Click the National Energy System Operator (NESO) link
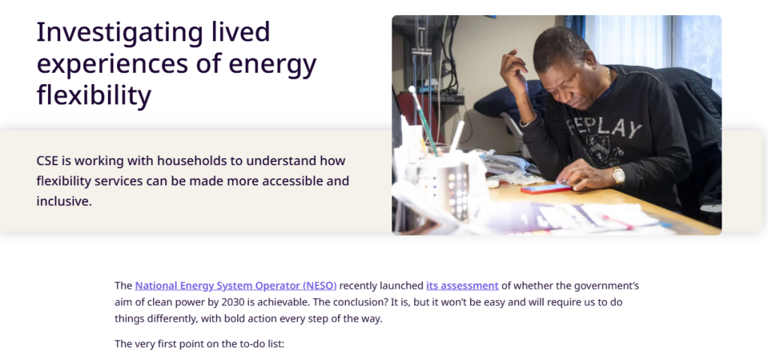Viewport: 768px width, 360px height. tap(235, 286)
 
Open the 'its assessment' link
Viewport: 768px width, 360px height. tap(462, 286)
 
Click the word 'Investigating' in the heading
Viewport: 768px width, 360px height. tap(119, 33)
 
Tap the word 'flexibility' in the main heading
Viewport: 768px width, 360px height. tap(94, 95)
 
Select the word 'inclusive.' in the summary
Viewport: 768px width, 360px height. tap(64, 201)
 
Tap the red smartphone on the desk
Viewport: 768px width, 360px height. tap(546, 188)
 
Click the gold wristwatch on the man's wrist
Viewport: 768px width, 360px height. tap(618, 175)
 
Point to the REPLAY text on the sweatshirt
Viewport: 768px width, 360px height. tap(604, 128)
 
